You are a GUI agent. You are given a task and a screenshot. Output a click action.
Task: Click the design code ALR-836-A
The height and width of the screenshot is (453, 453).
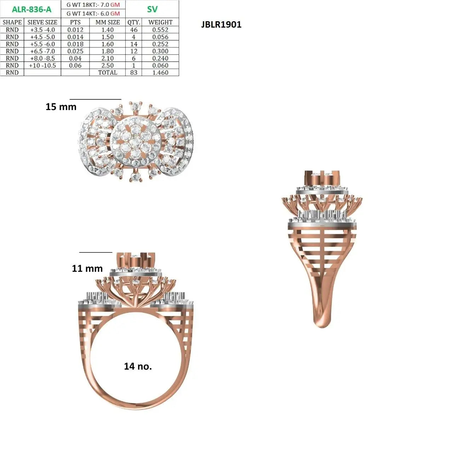click(x=31, y=10)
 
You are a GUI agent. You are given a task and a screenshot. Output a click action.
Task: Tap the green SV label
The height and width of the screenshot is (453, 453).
click(x=152, y=9)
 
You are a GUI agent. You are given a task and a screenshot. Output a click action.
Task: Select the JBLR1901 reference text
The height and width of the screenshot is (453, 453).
click(x=221, y=24)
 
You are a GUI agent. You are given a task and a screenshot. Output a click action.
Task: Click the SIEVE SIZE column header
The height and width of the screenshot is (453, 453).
click(x=42, y=22)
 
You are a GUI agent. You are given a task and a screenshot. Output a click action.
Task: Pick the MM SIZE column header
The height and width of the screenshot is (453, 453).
click(x=108, y=22)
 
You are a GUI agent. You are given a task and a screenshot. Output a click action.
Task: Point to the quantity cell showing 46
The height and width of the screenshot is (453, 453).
click(x=134, y=30)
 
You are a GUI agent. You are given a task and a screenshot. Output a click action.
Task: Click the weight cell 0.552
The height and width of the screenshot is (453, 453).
click(x=160, y=30)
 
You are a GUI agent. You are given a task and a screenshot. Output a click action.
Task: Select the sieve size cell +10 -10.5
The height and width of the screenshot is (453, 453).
click(x=42, y=65)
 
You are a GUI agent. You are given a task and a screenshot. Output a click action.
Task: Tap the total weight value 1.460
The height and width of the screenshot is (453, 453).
click(x=160, y=73)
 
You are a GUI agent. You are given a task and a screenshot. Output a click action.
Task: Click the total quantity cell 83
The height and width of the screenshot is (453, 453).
click(x=134, y=73)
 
